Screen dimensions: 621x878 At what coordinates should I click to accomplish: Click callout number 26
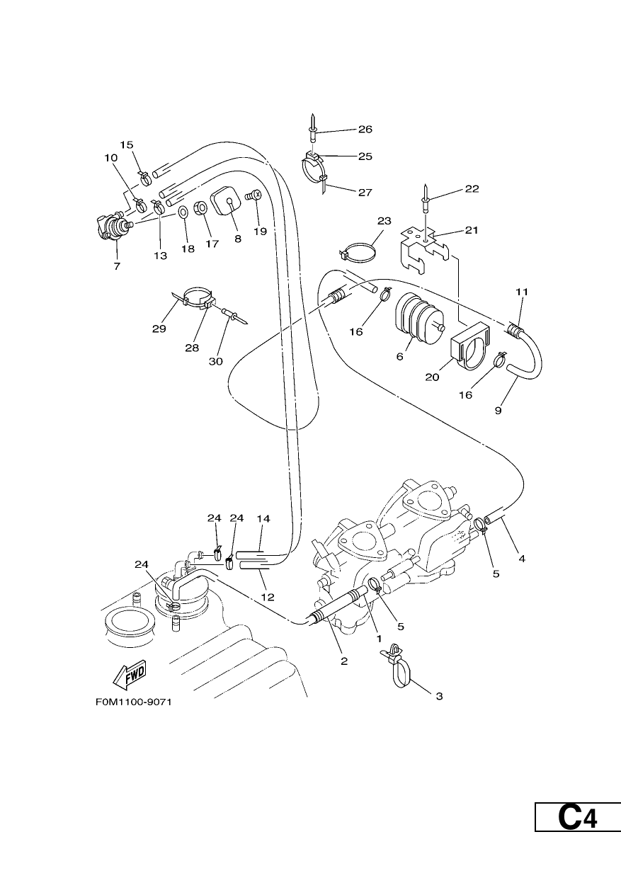click(365, 130)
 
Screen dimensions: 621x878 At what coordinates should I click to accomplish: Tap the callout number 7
click(117, 266)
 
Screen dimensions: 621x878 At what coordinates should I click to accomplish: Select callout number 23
click(384, 221)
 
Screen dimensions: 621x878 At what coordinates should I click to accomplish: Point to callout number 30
click(216, 361)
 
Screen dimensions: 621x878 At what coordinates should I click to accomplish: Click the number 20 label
click(432, 377)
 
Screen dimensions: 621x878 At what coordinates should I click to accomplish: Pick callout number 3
click(439, 696)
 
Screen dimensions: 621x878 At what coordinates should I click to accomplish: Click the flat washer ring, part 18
click(183, 212)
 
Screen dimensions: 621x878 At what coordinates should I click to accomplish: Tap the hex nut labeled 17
click(200, 207)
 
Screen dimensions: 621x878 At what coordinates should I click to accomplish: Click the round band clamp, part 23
click(356, 250)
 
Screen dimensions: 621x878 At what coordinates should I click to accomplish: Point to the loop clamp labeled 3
click(398, 666)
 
